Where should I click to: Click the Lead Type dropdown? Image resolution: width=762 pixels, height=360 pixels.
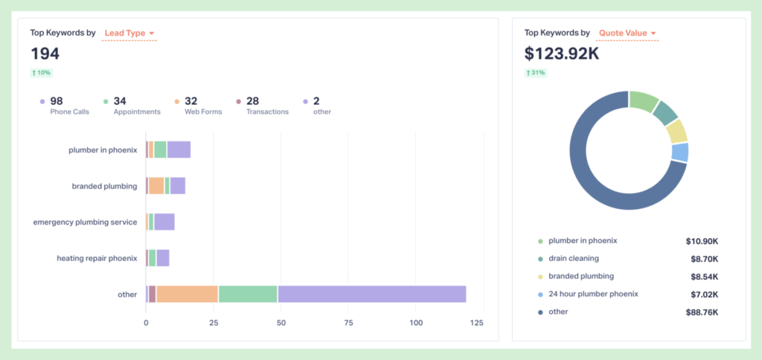[x=129, y=33]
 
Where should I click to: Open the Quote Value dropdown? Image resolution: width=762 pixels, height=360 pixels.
[x=628, y=33]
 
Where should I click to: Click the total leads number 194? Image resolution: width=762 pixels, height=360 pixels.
[x=45, y=54]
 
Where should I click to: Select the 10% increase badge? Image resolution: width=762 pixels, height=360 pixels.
[x=41, y=73]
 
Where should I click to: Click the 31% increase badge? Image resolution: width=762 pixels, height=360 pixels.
[x=535, y=73]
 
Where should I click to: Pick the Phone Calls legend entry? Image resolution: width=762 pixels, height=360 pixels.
[x=66, y=106]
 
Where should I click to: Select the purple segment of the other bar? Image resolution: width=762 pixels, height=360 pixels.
[x=371, y=294]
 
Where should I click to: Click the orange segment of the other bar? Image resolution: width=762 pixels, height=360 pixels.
[x=187, y=294]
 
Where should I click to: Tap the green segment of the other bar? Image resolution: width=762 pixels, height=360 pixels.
[x=248, y=294]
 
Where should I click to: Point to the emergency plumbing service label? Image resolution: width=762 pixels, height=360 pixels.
[x=85, y=222]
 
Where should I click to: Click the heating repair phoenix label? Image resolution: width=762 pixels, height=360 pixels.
[x=97, y=258]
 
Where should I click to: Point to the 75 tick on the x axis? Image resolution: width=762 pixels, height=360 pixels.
[x=348, y=323]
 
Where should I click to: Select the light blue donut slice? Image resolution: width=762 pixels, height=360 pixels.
[x=679, y=152]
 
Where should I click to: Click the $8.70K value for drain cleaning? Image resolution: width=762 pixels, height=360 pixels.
[x=703, y=259]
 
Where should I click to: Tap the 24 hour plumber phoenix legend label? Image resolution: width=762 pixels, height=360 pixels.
[x=593, y=294]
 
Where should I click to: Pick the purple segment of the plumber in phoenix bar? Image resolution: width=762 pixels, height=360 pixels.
[x=179, y=150]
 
